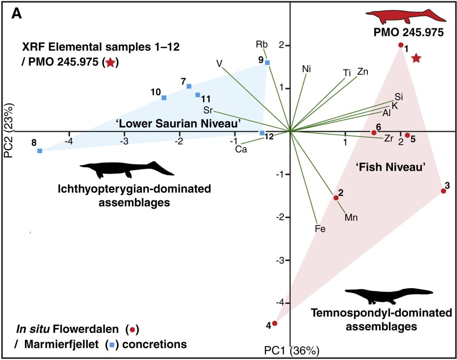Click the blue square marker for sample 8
[40, 151]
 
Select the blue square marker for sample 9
[267, 62]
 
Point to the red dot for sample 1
[401, 45]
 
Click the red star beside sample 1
[416, 58]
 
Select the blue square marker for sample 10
[164, 98]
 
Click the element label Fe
[320, 229]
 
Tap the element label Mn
[352, 218]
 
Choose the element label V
[219, 63]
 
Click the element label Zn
[363, 71]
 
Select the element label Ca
[241, 149]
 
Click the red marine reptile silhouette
[406, 17]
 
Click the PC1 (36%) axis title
[290, 351]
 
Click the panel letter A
[17, 14]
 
